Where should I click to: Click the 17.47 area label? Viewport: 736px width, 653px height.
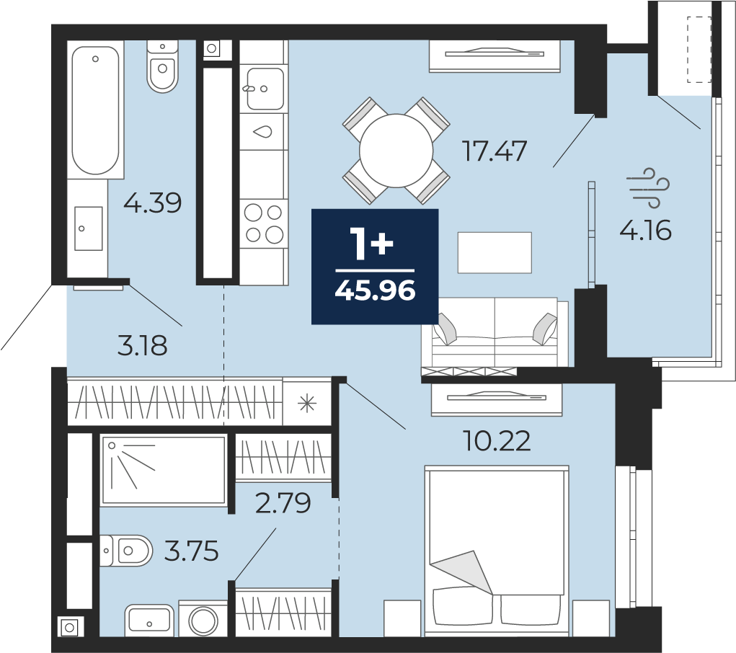[x=495, y=151]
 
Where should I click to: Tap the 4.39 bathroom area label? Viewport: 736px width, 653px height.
[x=153, y=203]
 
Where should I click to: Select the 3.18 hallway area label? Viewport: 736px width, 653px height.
[x=142, y=346]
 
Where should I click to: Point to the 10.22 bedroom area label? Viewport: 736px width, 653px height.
[x=497, y=441]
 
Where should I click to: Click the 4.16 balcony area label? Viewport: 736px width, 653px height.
[x=646, y=231]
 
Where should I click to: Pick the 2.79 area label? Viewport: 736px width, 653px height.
[x=283, y=503]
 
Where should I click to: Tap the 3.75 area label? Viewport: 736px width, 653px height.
[x=192, y=551]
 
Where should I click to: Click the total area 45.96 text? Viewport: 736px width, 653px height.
[x=375, y=290]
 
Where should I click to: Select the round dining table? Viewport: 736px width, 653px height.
[x=396, y=151]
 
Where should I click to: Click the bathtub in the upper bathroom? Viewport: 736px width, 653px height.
[x=95, y=110]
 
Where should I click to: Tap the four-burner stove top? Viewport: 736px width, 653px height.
[x=264, y=223]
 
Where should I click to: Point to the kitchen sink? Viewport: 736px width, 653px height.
[x=265, y=89]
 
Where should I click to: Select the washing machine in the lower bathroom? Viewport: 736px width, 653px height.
[x=203, y=618]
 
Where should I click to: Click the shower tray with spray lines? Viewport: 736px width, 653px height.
[x=164, y=471]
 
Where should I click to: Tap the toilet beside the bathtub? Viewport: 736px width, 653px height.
[x=162, y=66]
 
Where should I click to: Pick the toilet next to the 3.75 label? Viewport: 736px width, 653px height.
[x=126, y=550]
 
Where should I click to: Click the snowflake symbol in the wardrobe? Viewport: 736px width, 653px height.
[x=308, y=403]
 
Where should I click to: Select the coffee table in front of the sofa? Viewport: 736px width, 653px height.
[x=495, y=252]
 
